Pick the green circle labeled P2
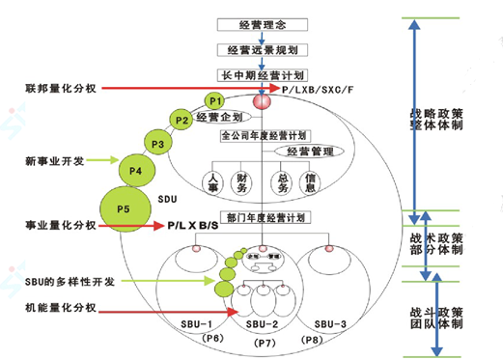coord(182,121)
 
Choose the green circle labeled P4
coord(136,172)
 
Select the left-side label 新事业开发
coord(52,160)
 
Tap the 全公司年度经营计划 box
coord(263,134)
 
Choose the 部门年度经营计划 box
coord(263,218)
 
